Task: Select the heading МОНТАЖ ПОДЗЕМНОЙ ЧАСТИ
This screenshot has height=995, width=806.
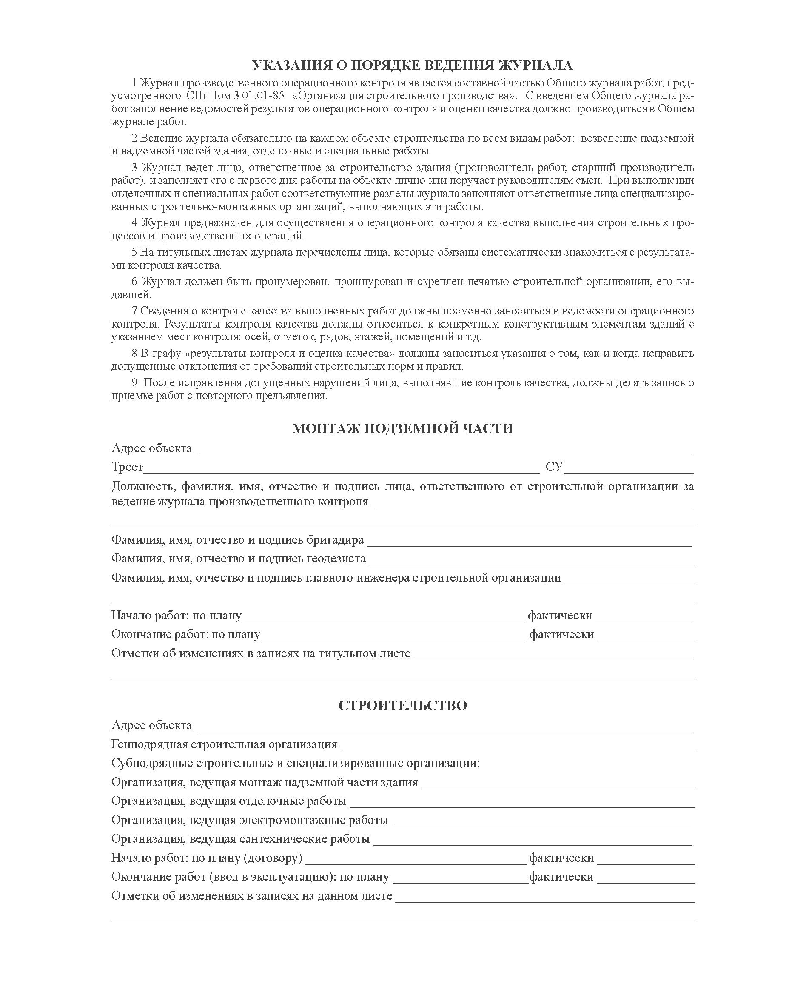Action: coord(402,428)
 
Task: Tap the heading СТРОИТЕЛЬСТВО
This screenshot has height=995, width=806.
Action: coord(402,705)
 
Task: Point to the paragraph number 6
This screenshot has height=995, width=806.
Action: coord(135,281)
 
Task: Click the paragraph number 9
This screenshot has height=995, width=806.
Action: coord(135,382)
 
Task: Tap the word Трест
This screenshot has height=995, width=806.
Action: coord(127,467)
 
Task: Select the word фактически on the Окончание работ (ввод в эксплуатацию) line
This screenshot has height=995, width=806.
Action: coord(561,877)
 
